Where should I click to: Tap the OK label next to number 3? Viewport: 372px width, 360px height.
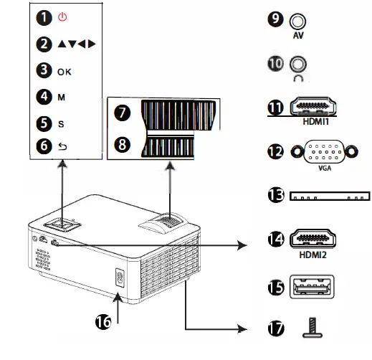click(65, 72)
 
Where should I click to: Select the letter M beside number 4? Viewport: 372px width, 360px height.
click(61, 96)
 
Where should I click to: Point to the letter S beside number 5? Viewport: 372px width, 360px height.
click(61, 123)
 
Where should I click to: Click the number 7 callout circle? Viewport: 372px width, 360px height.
click(122, 113)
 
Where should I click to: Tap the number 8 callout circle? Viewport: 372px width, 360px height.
click(122, 143)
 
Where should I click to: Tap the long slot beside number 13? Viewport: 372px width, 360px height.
click(330, 196)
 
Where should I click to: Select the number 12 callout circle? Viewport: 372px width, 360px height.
click(275, 152)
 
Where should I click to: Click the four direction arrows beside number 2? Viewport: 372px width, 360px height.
click(75, 44)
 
